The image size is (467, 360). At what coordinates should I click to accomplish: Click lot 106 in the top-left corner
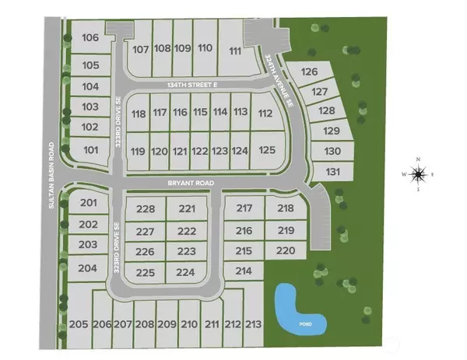pyautogui.click(x=90, y=37)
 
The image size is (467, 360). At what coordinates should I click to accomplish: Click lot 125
pyautogui.click(x=267, y=150)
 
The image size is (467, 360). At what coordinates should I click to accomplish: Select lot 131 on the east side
pyautogui.click(x=333, y=171)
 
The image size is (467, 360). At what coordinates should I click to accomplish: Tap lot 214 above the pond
pyautogui.click(x=244, y=271)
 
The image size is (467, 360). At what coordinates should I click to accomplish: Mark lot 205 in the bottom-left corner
pyautogui.click(x=78, y=323)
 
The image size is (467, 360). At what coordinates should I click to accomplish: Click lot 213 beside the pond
pyautogui.click(x=252, y=323)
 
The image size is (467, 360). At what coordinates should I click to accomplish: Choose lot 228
pyautogui.click(x=146, y=209)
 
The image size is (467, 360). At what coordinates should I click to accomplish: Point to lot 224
pyautogui.click(x=185, y=272)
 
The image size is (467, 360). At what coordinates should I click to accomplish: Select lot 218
pyautogui.click(x=286, y=208)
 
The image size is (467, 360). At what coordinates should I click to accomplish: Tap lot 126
pyautogui.click(x=309, y=72)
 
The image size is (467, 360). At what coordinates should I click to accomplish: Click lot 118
pyautogui.click(x=139, y=114)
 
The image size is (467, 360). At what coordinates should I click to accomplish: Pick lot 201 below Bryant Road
pyautogui.click(x=88, y=204)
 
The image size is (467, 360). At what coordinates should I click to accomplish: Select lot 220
pyautogui.click(x=286, y=250)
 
